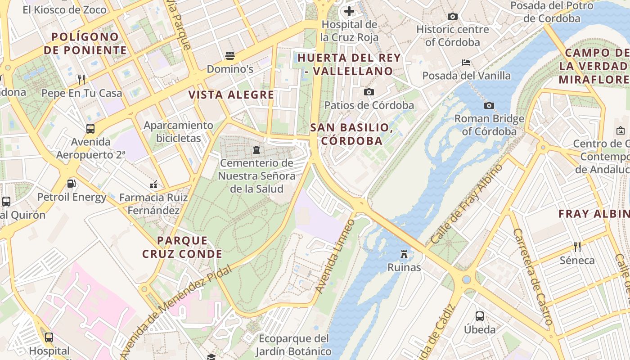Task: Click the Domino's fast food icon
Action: [230, 56]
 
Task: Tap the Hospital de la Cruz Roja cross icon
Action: [349, 11]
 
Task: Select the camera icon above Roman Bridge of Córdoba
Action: [489, 106]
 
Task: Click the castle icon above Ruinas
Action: [404, 254]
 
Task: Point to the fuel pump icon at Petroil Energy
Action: [71, 184]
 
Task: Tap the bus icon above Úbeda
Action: [480, 316]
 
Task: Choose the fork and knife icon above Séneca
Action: [577, 247]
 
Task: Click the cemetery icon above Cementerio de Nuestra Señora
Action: [256, 149]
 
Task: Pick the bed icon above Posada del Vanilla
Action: [466, 62]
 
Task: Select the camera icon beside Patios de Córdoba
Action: [369, 92]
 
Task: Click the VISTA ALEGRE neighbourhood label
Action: [231, 95]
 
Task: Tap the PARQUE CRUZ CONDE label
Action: [182, 247]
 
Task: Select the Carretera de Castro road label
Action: [532, 276]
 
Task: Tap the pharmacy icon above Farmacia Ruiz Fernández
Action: [153, 184]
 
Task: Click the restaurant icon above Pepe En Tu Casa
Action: [81, 80]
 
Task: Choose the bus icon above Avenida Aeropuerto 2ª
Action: [90, 129]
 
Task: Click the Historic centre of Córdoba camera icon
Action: [453, 17]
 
